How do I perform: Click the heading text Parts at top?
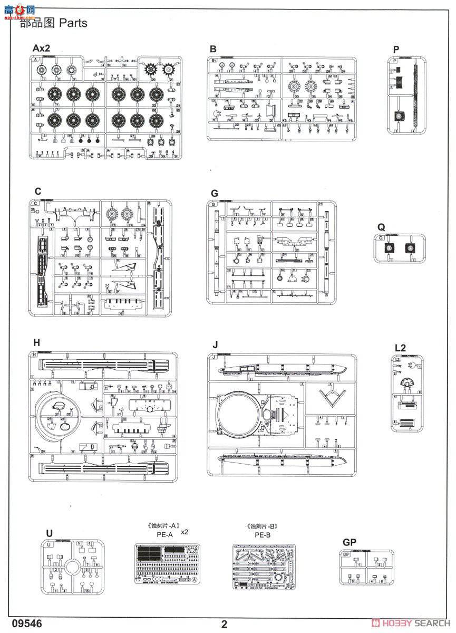[x=73, y=23]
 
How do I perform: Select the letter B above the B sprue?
[x=212, y=49]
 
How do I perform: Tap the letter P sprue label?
[x=396, y=50]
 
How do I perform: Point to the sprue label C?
[x=37, y=191]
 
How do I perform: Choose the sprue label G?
[x=214, y=193]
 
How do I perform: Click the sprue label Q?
[x=381, y=226]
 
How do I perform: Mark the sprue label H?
[x=36, y=342]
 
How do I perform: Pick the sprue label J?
[x=215, y=345]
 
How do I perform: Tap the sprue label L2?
[x=400, y=348]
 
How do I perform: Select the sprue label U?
[x=49, y=534]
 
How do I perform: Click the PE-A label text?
[x=165, y=534]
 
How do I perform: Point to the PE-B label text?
[x=262, y=534]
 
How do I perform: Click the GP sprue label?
[x=349, y=542]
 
